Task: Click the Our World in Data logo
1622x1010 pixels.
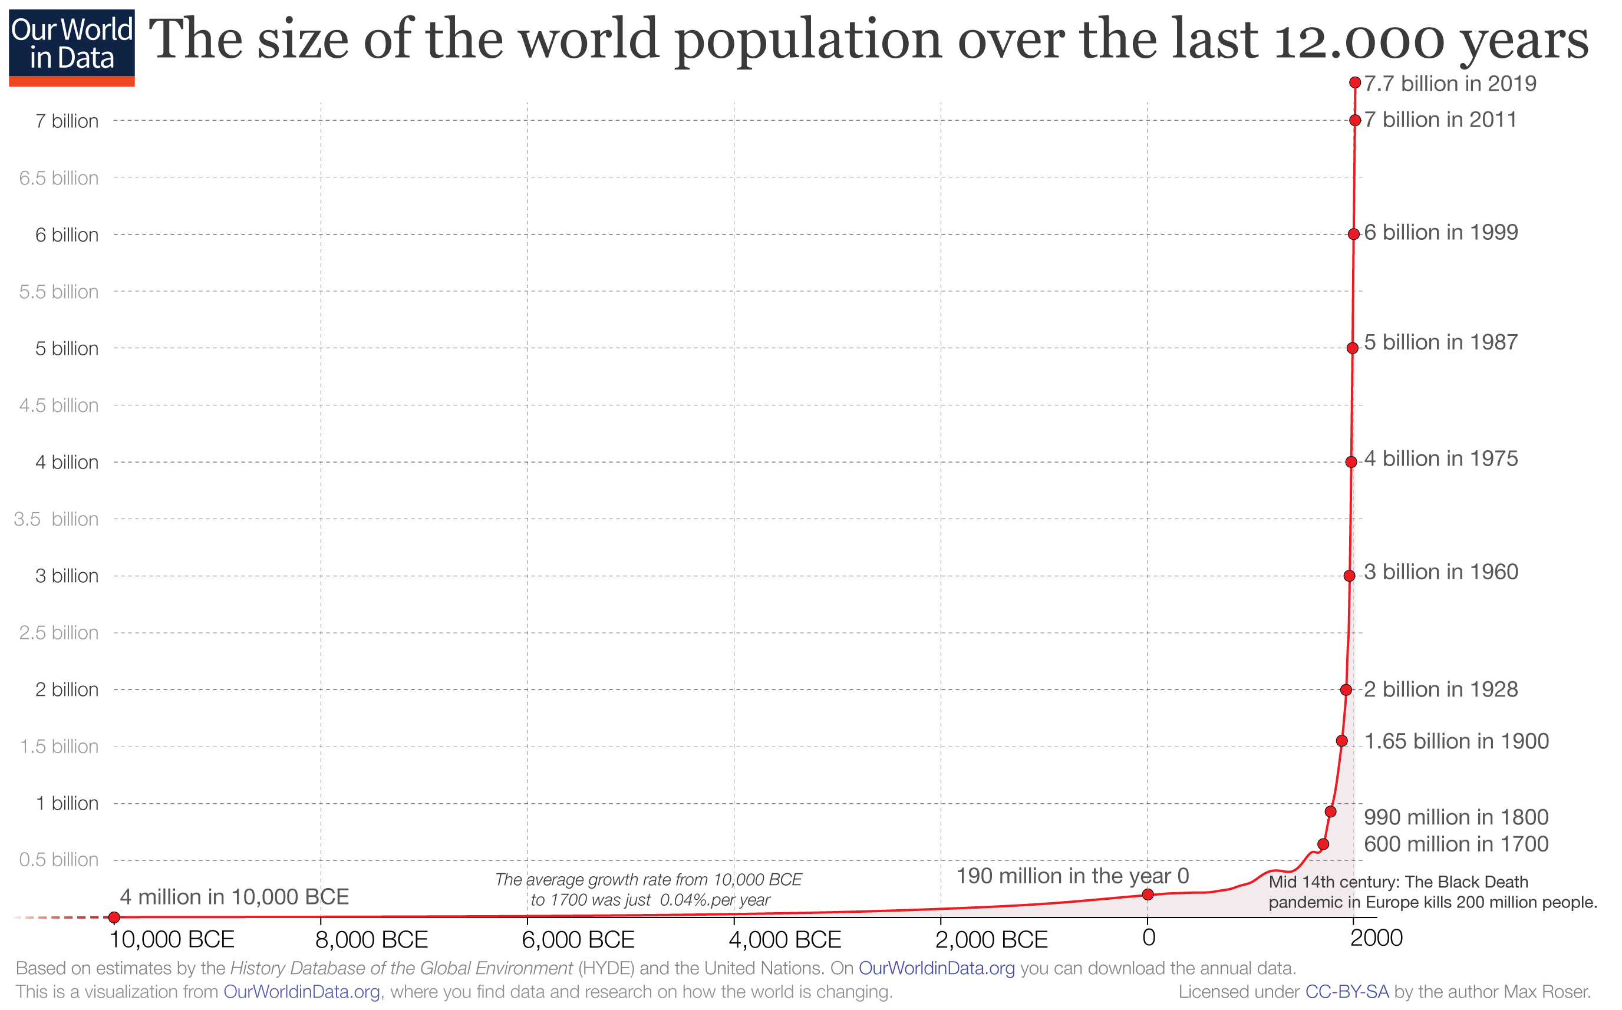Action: (71, 47)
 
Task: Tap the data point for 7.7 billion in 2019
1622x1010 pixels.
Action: (1355, 82)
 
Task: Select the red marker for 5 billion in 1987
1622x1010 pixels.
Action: (1352, 348)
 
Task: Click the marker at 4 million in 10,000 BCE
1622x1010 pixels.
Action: (114, 917)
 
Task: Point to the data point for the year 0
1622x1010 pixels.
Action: (1148, 895)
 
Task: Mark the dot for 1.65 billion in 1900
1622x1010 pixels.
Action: (1341, 740)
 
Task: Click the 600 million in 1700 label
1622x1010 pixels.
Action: (1456, 844)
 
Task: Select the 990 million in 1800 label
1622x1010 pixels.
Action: (1456, 817)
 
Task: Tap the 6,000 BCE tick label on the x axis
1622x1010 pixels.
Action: (578, 940)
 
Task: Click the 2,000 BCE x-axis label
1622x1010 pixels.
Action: (991, 940)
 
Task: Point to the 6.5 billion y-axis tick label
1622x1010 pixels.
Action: (59, 179)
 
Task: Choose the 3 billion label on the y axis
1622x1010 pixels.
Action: (67, 576)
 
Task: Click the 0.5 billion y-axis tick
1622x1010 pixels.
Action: (59, 860)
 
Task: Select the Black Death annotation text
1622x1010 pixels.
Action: (1432, 892)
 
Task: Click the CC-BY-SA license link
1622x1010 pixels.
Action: (1347, 991)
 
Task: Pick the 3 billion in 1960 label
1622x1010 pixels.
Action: (1441, 572)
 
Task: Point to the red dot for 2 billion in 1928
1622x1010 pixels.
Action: (1346, 689)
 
